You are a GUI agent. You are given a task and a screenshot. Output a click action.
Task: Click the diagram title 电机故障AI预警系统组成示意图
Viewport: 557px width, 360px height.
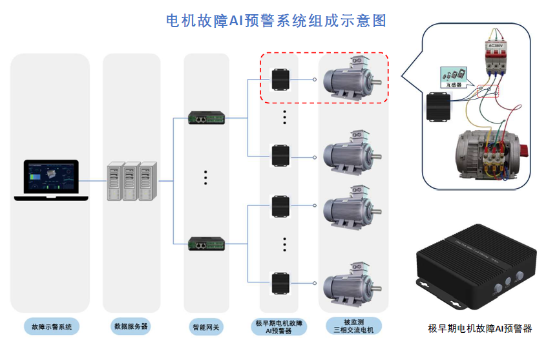pos(276,21)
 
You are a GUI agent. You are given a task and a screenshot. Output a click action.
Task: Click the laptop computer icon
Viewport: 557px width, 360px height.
pos(47,180)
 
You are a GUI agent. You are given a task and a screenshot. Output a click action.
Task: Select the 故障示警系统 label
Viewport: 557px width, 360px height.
pos(51,326)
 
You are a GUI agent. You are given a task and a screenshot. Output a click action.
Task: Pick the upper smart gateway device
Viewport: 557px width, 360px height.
pos(206,118)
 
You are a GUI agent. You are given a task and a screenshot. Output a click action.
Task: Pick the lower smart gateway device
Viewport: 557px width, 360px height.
pos(206,243)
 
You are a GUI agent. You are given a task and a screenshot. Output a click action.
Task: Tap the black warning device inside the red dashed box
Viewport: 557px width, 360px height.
pos(280,79)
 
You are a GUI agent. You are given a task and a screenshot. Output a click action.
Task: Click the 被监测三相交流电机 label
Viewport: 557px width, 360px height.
pos(353,326)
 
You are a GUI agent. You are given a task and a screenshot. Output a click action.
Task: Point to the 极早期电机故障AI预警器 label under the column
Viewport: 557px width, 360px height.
pos(279,326)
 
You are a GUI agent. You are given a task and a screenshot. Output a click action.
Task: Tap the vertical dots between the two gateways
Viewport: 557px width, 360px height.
pos(205,177)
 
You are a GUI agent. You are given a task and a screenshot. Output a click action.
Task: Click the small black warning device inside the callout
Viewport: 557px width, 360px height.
pos(440,107)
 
